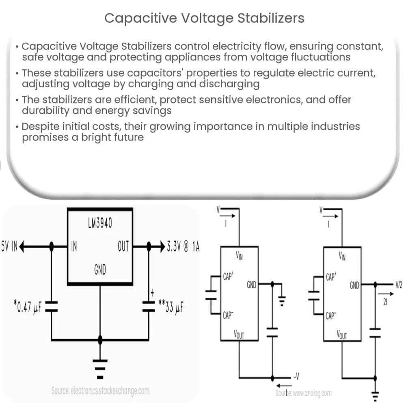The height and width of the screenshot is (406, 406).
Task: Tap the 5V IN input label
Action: [x=9, y=246]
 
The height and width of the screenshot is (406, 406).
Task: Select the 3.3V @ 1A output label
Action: [x=183, y=246]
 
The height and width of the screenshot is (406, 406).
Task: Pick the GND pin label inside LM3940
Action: [x=100, y=269]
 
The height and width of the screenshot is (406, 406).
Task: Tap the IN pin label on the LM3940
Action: [x=74, y=246]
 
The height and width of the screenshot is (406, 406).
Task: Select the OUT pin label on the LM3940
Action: [x=123, y=246]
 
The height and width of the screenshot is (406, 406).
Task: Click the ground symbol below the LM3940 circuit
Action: [x=100, y=365]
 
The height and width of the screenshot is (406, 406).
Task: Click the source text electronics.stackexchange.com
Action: [x=100, y=391]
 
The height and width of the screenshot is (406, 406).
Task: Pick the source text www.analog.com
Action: [x=303, y=393]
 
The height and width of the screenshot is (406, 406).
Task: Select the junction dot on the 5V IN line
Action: [x=51, y=246]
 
